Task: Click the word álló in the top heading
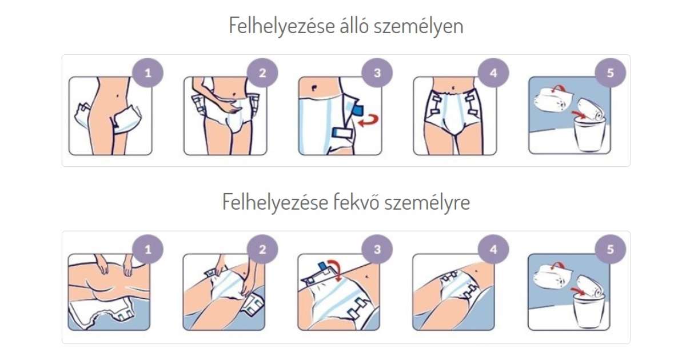click(353, 26)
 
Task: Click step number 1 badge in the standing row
click(148, 73)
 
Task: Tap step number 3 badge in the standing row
click(377, 73)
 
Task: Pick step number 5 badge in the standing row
click(611, 73)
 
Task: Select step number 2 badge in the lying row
click(262, 250)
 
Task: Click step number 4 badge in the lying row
click(493, 250)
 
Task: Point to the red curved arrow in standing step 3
click(369, 121)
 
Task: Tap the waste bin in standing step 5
click(589, 135)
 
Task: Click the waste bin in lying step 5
click(589, 311)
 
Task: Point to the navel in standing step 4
click(453, 88)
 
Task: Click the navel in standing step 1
click(118, 95)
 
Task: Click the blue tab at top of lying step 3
click(322, 266)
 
